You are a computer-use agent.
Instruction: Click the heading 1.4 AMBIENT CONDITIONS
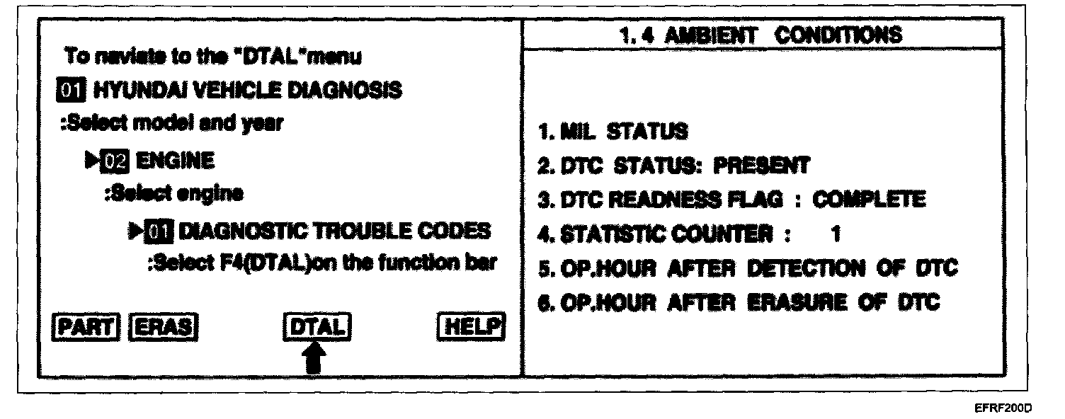click(760, 35)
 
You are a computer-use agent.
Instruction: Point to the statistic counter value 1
click(836, 234)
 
